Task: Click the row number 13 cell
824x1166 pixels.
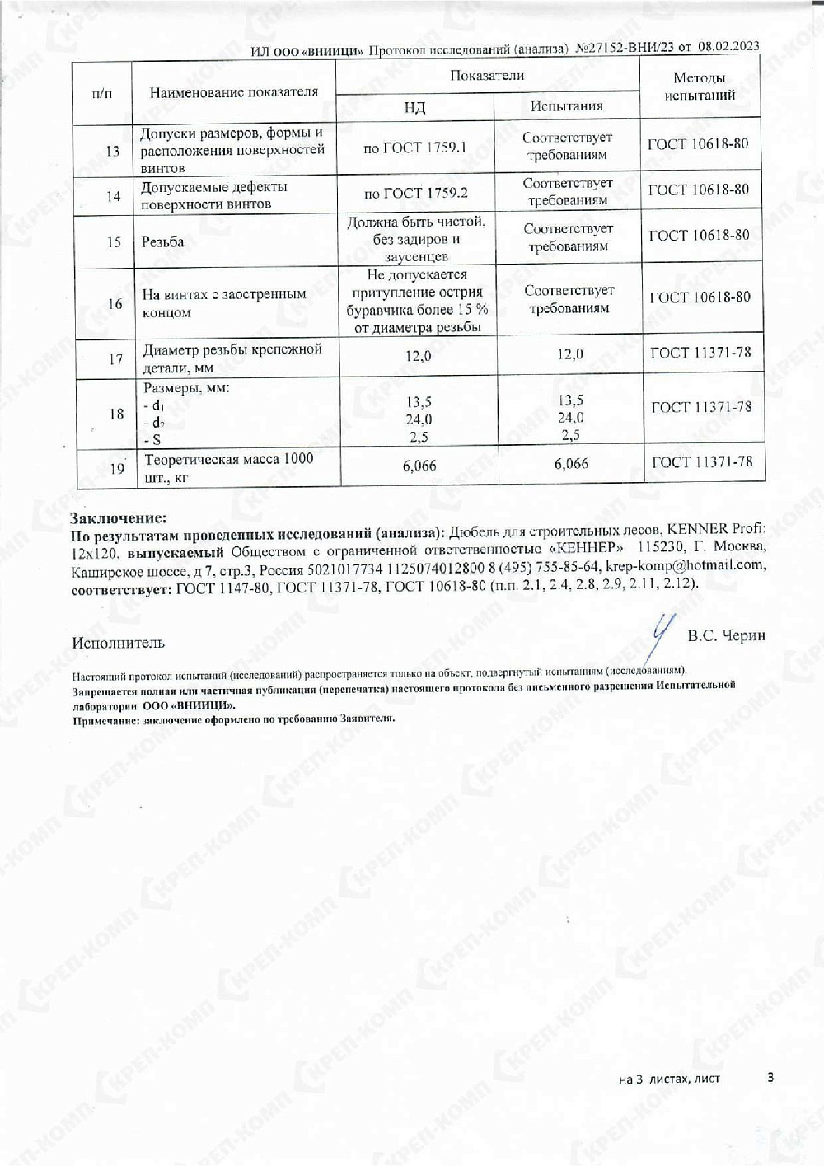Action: (x=113, y=151)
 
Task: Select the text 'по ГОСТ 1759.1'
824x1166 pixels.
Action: (x=414, y=148)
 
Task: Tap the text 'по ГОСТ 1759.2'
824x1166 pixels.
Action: (x=415, y=193)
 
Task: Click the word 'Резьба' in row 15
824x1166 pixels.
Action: (x=162, y=241)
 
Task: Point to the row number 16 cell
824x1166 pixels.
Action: (x=115, y=304)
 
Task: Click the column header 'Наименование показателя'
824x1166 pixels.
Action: (x=233, y=92)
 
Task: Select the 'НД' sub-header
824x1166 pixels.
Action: (x=414, y=107)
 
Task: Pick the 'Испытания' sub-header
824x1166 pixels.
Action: (x=566, y=105)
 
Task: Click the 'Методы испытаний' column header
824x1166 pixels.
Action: (x=699, y=86)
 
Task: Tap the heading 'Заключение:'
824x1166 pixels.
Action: (x=118, y=518)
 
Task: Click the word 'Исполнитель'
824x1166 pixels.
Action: (x=118, y=643)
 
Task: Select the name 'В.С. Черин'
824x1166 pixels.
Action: (x=726, y=635)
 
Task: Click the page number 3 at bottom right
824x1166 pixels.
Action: (x=770, y=1076)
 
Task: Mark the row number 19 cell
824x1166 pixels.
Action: (x=117, y=468)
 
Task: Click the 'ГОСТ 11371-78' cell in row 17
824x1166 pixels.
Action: (x=700, y=353)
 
